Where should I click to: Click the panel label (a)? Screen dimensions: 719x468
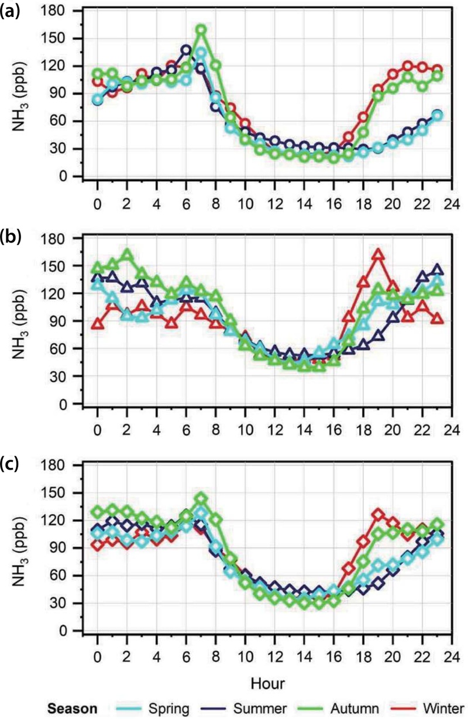point(13,11)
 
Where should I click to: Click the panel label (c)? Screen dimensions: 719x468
point(12,465)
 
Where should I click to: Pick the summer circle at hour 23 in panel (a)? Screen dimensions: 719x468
point(437,115)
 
